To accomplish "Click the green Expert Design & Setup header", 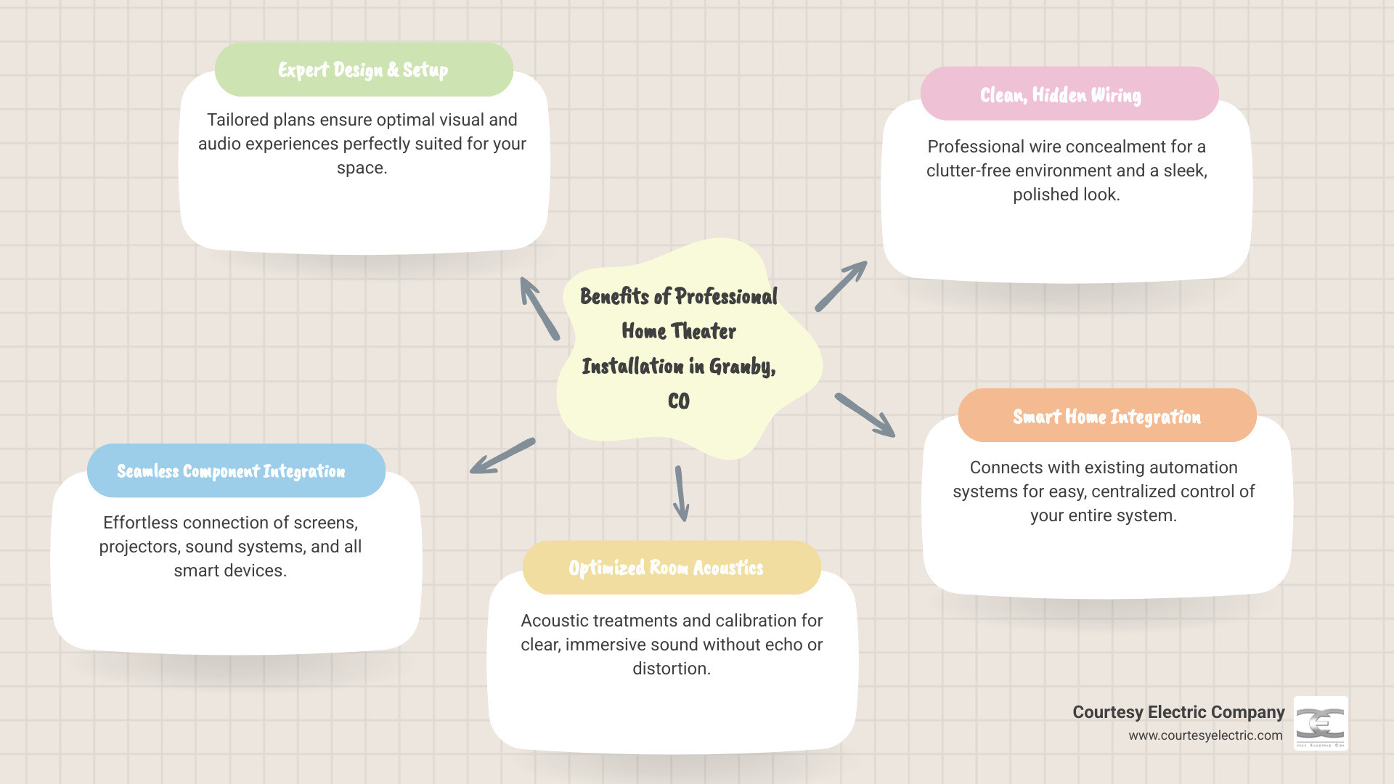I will pos(364,70).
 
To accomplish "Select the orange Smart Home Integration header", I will pos(1106,416).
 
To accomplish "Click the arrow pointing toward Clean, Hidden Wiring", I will pos(841,287).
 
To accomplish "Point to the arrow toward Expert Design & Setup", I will pos(539,308).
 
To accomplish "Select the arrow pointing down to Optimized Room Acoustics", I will pos(681,494).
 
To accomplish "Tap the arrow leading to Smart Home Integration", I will pos(865,415).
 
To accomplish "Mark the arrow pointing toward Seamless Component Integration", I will pos(502,457).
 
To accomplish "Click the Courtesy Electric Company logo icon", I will pos(1321,723).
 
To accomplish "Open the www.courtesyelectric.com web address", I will pos(1205,735).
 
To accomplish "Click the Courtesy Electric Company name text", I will pos(1178,712).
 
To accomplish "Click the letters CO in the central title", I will pos(679,401).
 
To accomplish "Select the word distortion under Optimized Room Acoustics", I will pos(670,669).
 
